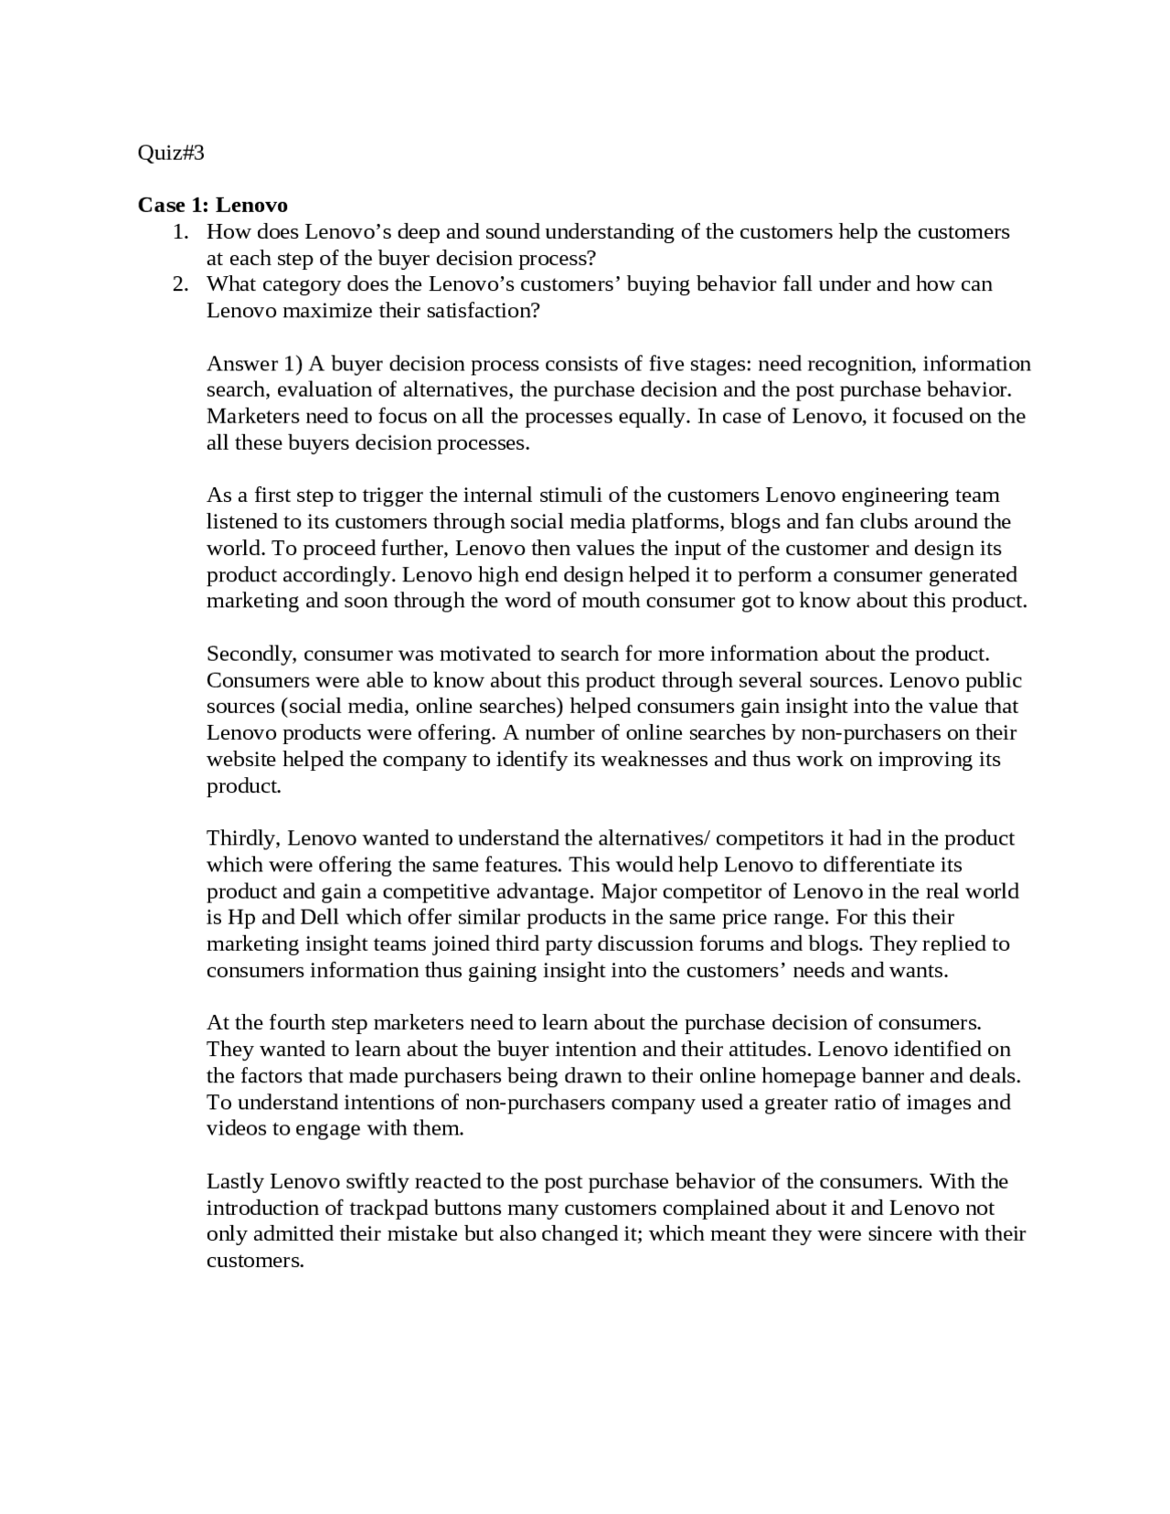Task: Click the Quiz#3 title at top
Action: click(x=171, y=153)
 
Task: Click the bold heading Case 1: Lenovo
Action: click(x=212, y=205)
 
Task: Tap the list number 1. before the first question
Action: click(x=181, y=232)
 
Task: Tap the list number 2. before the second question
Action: click(x=181, y=284)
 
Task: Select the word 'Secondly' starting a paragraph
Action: click(x=250, y=654)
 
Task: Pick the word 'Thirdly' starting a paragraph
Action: click(x=243, y=838)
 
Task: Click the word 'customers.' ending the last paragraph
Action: click(x=255, y=1261)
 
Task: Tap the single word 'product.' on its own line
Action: click(x=243, y=786)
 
